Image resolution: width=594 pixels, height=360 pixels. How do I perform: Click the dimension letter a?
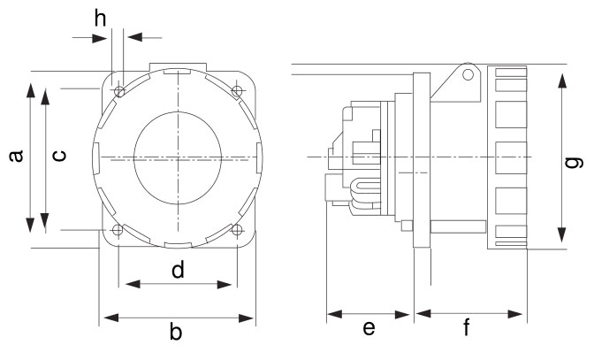(15, 157)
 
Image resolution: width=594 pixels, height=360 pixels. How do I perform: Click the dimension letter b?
(177, 333)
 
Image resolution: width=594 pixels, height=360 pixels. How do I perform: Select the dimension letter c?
(58, 157)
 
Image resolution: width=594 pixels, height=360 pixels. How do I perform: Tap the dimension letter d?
(178, 270)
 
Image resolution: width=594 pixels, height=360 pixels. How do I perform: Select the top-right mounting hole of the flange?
(236, 91)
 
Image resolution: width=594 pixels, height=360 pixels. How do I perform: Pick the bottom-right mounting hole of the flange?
(236, 230)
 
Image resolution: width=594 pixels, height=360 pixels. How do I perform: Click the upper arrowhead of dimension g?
(561, 80)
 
